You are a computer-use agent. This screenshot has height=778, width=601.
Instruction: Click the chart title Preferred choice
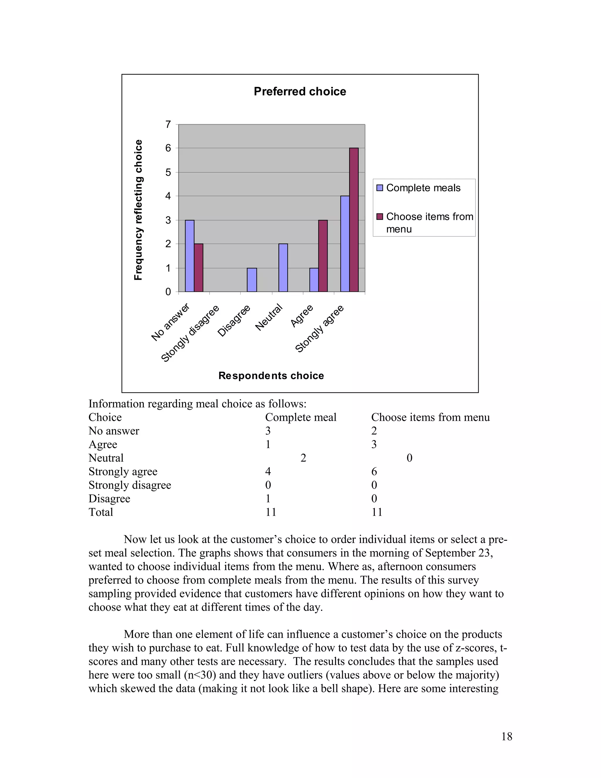(x=300, y=92)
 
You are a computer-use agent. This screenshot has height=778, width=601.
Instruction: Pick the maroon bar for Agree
(x=323, y=256)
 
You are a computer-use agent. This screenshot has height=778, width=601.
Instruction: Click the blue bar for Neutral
(x=283, y=267)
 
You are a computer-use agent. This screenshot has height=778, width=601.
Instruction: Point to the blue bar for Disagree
(x=252, y=279)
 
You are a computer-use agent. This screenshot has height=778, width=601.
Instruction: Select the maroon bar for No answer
(x=199, y=267)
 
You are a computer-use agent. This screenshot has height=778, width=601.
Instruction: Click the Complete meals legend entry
(x=423, y=188)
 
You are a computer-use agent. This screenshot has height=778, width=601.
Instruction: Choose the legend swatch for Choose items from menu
(x=379, y=217)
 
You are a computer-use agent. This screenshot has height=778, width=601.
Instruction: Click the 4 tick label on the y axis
(x=168, y=196)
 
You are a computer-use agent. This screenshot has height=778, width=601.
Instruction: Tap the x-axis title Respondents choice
(x=271, y=375)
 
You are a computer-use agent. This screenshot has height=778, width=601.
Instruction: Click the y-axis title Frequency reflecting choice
(x=138, y=210)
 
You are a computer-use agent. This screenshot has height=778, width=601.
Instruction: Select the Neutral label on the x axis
(x=269, y=317)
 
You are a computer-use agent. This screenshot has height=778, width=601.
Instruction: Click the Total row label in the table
(x=101, y=512)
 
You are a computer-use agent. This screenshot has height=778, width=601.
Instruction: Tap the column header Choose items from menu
(x=430, y=417)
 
